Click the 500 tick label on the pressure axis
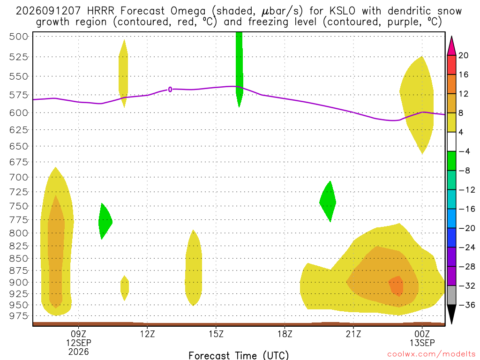point(19,37)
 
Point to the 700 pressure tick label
point(19,177)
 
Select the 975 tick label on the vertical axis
point(19,316)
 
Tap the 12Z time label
point(147,334)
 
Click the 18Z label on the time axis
point(285,334)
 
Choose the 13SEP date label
point(422,343)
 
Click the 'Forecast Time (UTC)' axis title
point(239,355)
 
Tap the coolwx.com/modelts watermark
point(431,354)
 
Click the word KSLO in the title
point(342,11)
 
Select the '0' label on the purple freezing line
point(170,90)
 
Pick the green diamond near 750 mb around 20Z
point(328,202)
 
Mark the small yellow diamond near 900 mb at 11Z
point(125,288)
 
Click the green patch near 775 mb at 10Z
point(105,221)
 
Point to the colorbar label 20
point(463,55)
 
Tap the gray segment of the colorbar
point(451,295)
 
